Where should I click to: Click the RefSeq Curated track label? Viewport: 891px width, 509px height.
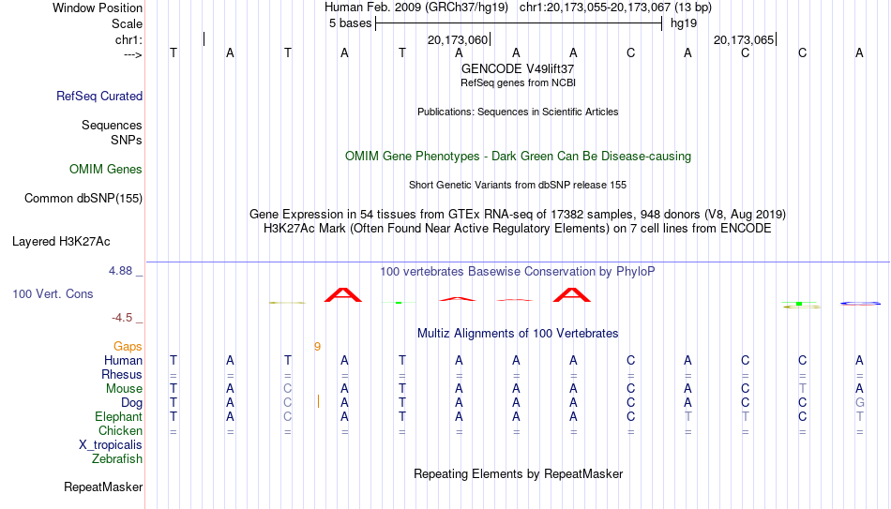(x=99, y=96)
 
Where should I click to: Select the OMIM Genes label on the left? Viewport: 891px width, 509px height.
(x=106, y=170)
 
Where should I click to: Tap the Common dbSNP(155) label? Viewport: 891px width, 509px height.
(x=83, y=199)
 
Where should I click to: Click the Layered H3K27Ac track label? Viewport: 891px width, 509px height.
(x=61, y=242)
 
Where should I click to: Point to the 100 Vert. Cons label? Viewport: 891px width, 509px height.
(x=53, y=293)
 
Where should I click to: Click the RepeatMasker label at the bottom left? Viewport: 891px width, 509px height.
(x=103, y=487)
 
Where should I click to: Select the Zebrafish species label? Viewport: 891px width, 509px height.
(x=117, y=458)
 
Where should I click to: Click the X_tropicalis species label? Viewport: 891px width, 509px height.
(x=111, y=445)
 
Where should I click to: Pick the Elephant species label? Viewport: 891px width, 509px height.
(x=119, y=416)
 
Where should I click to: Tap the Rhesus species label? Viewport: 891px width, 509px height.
(x=122, y=374)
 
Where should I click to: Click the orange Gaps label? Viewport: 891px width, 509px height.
(x=128, y=347)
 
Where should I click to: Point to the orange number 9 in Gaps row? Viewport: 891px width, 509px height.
(x=317, y=347)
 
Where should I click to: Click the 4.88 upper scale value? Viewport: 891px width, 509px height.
(x=120, y=271)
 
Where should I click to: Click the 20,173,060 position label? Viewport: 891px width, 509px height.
(x=458, y=39)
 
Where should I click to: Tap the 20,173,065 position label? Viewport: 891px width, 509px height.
(x=744, y=39)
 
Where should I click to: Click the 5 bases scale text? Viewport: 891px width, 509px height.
(x=350, y=23)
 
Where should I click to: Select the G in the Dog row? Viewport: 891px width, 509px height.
(x=860, y=403)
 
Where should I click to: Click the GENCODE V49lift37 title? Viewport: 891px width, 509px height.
(x=518, y=68)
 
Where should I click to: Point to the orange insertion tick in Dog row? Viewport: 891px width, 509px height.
(x=318, y=401)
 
